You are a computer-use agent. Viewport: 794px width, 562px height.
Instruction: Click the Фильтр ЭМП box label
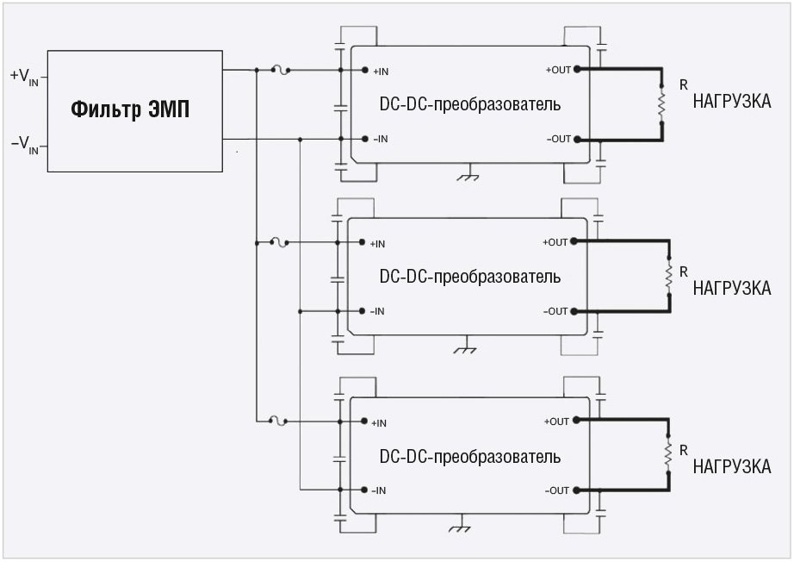click(x=130, y=110)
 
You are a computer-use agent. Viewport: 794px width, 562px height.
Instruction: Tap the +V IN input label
click(x=24, y=77)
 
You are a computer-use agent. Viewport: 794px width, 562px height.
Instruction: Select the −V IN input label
click(x=24, y=144)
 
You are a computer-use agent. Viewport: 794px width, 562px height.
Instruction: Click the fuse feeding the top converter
click(x=278, y=71)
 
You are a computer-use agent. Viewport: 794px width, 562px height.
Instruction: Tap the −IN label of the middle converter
click(x=376, y=311)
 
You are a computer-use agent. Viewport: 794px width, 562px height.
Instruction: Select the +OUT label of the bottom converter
click(x=556, y=421)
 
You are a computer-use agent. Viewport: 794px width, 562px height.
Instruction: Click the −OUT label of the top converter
click(x=558, y=139)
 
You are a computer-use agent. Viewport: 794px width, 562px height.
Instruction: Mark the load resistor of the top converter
click(x=661, y=104)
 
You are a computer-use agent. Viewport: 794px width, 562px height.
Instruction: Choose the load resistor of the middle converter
click(x=667, y=277)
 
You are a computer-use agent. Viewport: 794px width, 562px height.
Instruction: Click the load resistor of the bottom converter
click(x=667, y=455)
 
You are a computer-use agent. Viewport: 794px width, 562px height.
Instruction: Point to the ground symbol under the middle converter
click(x=465, y=347)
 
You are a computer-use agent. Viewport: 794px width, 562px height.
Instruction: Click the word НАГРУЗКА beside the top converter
click(x=732, y=103)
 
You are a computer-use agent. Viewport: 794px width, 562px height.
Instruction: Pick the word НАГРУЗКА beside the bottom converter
click(x=732, y=466)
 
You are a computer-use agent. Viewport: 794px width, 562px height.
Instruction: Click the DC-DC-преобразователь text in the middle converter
click(x=469, y=278)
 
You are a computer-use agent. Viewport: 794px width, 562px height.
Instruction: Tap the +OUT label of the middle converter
click(x=555, y=242)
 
